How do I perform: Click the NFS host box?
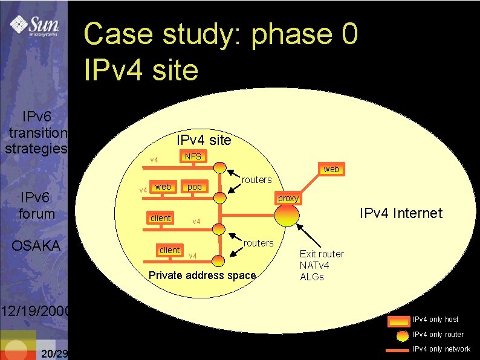pyautogui.click(x=193, y=157)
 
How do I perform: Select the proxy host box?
pyautogui.click(x=288, y=199)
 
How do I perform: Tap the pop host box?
pyautogui.click(x=195, y=187)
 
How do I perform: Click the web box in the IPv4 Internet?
pyautogui.click(x=331, y=170)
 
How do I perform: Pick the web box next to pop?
pyautogui.click(x=163, y=187)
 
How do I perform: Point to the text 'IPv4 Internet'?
pyautogui.click(x=401, y=213)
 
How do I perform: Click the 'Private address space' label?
pyautogui.click(x=202, y=275)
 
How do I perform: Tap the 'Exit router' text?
pyautogui.click(x=322, y=254)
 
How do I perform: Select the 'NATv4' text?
pyautogui.click(x=315, y=265)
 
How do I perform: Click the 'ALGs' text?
pyautogui.click(x=312, y=277)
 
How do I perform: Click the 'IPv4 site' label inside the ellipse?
pyautogui.click(x=204, y=140)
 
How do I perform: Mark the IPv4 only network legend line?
pyautogui.click(x=397, y=350)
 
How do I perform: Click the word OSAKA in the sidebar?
pyautogui.click(x=36, y=245)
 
